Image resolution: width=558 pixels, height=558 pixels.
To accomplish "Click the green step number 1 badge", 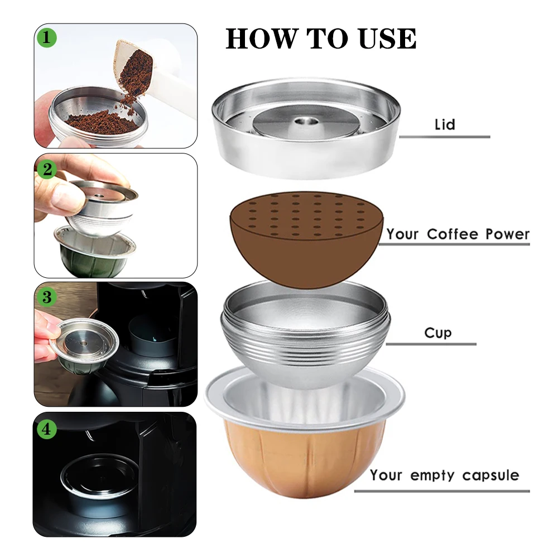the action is tap(47, 37).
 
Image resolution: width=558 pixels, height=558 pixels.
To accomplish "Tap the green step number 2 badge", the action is tap(47, 169).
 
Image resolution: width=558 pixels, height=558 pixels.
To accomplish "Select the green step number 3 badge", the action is tap(47, 297).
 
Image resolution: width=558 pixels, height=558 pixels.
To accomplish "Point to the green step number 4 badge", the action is tap(47, 429).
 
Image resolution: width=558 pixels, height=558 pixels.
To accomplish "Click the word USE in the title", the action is tap(387, 38).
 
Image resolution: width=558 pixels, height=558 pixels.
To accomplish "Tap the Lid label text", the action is tap(445, 124).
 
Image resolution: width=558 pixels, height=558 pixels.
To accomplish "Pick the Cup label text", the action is tap(437, 333).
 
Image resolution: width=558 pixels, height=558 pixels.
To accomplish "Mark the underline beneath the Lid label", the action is tap(445, 137).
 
